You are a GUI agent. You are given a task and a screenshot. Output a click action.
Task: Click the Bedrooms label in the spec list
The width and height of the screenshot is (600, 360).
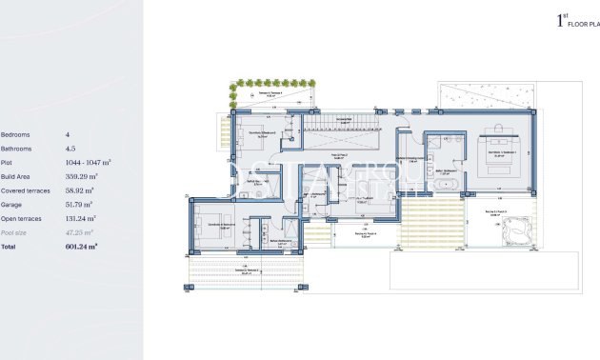click(16, 135)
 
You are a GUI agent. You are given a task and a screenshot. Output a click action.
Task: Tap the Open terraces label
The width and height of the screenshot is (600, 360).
click(22, 218)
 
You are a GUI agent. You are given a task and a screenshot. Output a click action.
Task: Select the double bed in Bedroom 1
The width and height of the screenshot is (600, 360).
click(501, 151)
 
